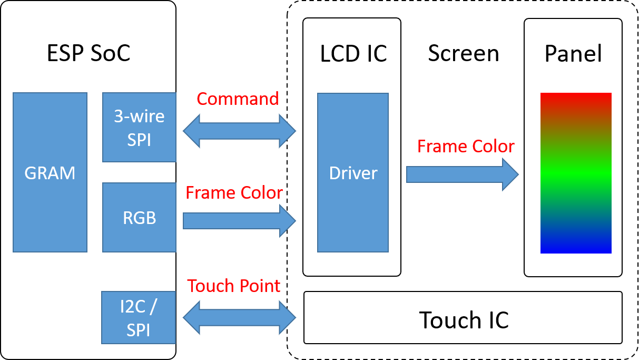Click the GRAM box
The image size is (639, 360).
coord(50,172)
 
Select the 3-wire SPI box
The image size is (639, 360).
coord(139,127)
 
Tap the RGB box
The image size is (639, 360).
coord(139,217)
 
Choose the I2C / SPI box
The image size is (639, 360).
coord(139,317)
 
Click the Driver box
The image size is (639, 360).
coord(353,173)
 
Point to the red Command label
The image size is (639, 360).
coord(238,99)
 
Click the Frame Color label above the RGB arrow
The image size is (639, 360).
coord(234,193)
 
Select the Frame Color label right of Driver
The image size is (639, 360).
coord(466,147)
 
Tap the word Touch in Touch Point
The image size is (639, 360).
coord(210,286)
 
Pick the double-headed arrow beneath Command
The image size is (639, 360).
coord(240,131)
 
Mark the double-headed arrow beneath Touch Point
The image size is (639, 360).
coord(240,318)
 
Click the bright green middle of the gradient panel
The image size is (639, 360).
coord(576,173)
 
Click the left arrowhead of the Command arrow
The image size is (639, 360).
coord(191,131)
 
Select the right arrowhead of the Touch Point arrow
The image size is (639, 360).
coord(288,318)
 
